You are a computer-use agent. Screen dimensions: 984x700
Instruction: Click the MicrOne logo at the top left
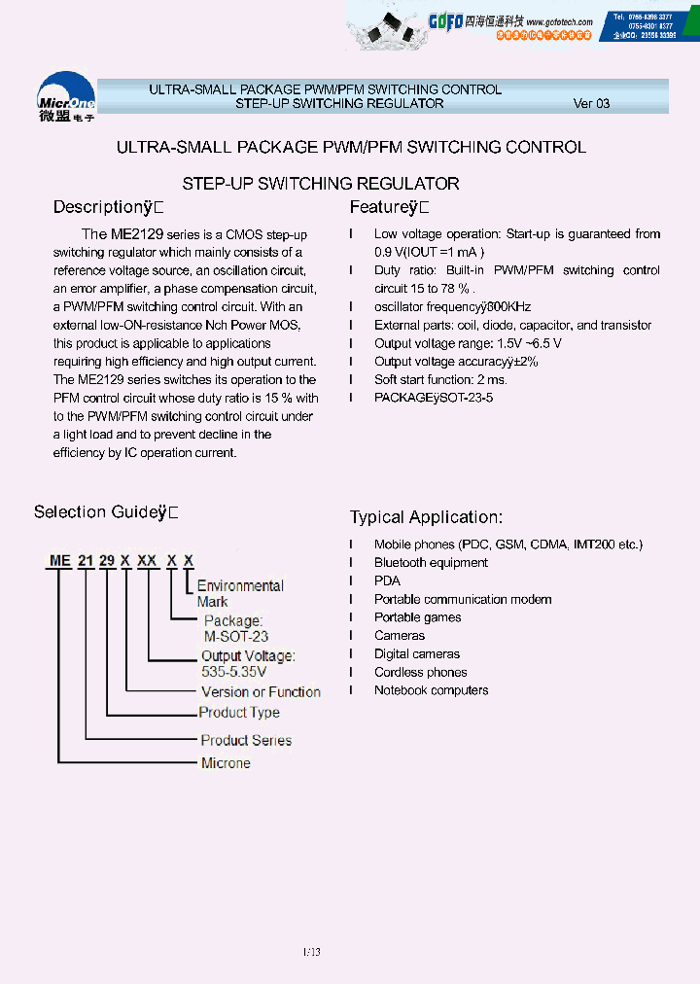(66, 96)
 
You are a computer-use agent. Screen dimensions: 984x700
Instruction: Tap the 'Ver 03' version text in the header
(591, 103)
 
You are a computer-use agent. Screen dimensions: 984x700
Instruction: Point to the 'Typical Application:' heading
(426, 517)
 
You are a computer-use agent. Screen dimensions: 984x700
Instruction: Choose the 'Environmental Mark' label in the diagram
(240, 593)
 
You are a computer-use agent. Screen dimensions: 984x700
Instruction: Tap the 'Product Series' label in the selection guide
(245, 740)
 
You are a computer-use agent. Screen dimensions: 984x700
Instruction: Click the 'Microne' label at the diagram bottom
(226, 763)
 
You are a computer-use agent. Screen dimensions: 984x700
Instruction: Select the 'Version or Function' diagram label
(261, 692)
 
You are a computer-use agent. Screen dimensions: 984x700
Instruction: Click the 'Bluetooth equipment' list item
(431, 563)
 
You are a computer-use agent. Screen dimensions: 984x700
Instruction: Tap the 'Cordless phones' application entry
(420, 672)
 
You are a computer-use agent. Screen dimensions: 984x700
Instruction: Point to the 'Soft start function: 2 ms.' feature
(440, 379)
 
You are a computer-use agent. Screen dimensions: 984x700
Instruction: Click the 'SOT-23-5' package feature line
(434, 398)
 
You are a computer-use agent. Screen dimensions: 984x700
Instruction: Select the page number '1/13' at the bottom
(310, 952)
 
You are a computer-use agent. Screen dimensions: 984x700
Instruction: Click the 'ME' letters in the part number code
(61, 561)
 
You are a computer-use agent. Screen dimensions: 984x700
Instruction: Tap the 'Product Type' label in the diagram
(238, 712)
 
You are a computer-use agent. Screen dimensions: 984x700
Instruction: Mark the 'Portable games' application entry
(417, 617)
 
